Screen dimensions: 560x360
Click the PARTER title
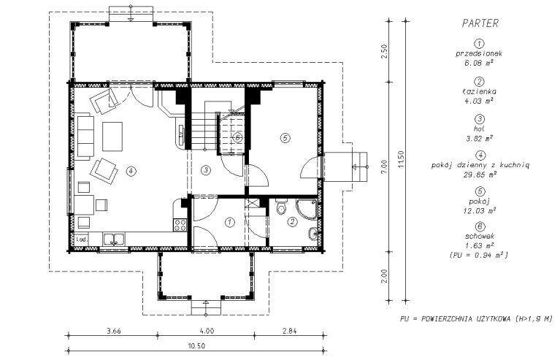(x=480, y=23)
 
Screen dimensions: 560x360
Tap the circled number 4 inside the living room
(x=131, y=172)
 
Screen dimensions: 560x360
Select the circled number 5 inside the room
(x=285, y=138)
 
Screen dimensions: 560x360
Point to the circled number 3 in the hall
(x=205, y=170)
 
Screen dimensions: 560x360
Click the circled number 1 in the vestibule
(x=230, y=223)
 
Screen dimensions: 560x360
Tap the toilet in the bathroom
(x=280, y=207)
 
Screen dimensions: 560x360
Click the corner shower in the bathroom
(x=307, y=210)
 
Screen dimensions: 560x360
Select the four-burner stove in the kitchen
(x=180, y=225)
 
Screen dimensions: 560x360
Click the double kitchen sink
(x=114, y=239)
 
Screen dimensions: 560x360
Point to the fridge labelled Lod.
(x=82, y=240)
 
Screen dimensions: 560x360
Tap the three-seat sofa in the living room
(x=85, y=137)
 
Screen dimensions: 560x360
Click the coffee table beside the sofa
(x=112, y=137)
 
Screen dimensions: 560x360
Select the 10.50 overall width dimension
(x=196, y=346)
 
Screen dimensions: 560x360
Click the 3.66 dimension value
(x=114, y=331)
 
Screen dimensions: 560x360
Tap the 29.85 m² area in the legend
(x=480, y=175)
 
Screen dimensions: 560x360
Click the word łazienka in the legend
(x=479, y=91)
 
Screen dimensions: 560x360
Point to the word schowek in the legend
(x=480, y=237)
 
